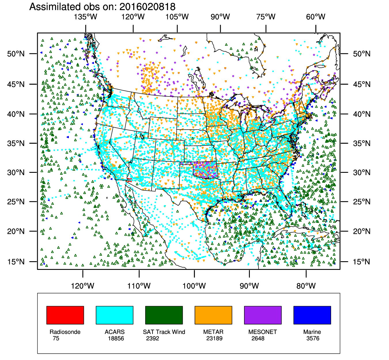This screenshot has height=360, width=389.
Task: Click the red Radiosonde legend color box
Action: pyautogui.click(x=65, y=315)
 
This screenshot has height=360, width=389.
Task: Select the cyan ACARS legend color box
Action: pyautogui.click(x=114, y=315)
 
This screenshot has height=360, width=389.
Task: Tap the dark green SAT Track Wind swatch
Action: pyautogui.click(x=164, y=315)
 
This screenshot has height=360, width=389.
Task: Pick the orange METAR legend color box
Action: pyautogui.click(x=213, y=315)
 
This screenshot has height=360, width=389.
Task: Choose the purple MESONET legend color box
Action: pyautogui.click(x=263, y=315)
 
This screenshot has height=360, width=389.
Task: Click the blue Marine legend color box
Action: pyautogui.click(x=312, y=315)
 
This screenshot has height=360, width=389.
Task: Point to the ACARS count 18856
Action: pyautogui.click(x=116, y=338)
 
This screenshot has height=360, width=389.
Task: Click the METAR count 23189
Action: pyautogui.click(x=214, y=338)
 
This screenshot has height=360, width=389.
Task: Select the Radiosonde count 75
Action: pyautogui.click(x=56, y=338)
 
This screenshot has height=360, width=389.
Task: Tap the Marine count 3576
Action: pyautogui.click(x=313, y=338)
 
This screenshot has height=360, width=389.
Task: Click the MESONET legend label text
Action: pyautogui.click(x=263, y=332)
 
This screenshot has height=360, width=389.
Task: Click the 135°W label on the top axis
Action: pyautogui.click(x=86, y=17)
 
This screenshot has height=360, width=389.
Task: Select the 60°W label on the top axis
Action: pyautogui.click(x=316, y=17)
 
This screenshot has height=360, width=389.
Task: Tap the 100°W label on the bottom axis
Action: pyautogui.click(x=194, y=286)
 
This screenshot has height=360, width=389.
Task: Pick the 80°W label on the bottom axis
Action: pyautogui.click(x=306, y=286)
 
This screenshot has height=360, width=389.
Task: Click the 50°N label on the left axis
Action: pyautogui.click(x=16, y=54)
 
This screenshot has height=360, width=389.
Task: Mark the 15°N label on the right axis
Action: pyautogui.click(x=362, y=262)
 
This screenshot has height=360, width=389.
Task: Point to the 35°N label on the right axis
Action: pyautogui.click(x=362, y=143)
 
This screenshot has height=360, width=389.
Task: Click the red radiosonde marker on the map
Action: pyautogui.click(x=129, y=180)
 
